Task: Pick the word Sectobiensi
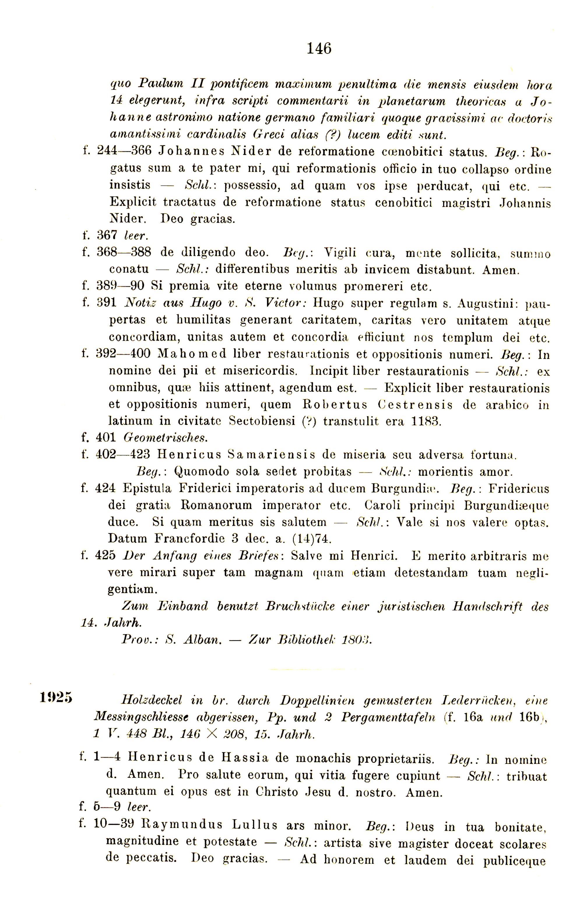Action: tap(262, 421)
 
